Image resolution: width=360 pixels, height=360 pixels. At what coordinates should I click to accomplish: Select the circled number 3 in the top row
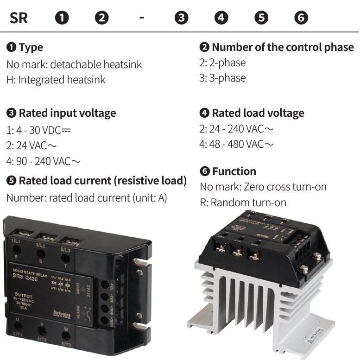[x=181, y=18]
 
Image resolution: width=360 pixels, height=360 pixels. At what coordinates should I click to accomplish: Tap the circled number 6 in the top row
[x=301, y=18]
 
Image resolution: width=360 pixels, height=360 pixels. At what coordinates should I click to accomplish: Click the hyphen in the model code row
[x=141, y=18]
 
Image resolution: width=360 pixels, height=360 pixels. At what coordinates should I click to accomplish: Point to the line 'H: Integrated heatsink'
[x=56, y=80]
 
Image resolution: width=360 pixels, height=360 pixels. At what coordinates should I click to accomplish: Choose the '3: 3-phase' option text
[x=222, y=78]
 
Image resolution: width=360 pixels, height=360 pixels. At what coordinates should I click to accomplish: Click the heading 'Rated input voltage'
[x=67, y=113]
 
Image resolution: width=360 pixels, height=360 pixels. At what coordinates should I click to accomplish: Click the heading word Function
[x=234, y=171]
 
